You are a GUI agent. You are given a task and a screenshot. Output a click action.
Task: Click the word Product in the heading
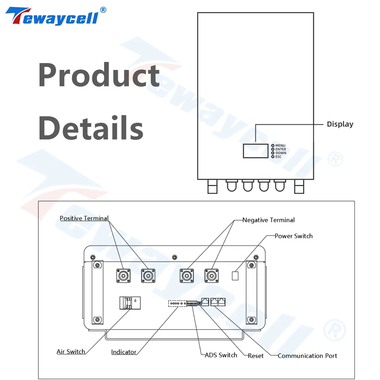(99, 75)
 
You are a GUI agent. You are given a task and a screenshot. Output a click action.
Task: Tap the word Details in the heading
(91, 128)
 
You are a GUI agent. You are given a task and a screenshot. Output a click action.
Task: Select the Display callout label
(340, 124)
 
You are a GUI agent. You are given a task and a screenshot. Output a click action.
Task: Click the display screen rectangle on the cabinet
(255, 150)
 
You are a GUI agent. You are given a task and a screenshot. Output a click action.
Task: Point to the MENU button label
(280, 146)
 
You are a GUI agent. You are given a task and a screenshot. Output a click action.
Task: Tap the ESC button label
(278, 157)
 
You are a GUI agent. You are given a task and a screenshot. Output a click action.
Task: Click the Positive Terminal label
(84, 218)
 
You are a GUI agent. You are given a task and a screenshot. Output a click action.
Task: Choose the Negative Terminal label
(268, 220)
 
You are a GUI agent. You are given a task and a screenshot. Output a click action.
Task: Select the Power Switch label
(293, 236)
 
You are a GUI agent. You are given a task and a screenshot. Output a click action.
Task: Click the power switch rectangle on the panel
(235, 275)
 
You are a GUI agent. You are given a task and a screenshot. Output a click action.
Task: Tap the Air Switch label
(71, 351)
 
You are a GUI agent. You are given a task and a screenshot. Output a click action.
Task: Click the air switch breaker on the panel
(130, 302)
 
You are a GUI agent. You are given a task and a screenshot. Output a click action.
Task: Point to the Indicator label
(123, 352)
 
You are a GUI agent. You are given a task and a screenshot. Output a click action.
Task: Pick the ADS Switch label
(221, 355)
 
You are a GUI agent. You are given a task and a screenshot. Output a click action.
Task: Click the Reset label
(256, 356)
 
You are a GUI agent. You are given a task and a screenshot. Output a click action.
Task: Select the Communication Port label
(307, 356)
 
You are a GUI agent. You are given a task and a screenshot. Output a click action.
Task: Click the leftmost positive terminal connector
(123, 275)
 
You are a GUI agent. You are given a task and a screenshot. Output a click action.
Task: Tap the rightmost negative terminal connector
(211, 275)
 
